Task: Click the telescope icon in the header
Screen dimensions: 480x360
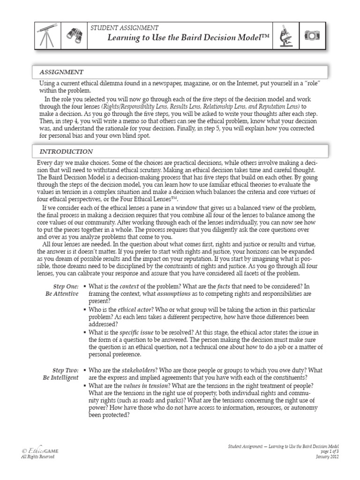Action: (46, 35)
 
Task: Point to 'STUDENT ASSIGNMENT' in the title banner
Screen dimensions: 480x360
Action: (127, 28)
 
